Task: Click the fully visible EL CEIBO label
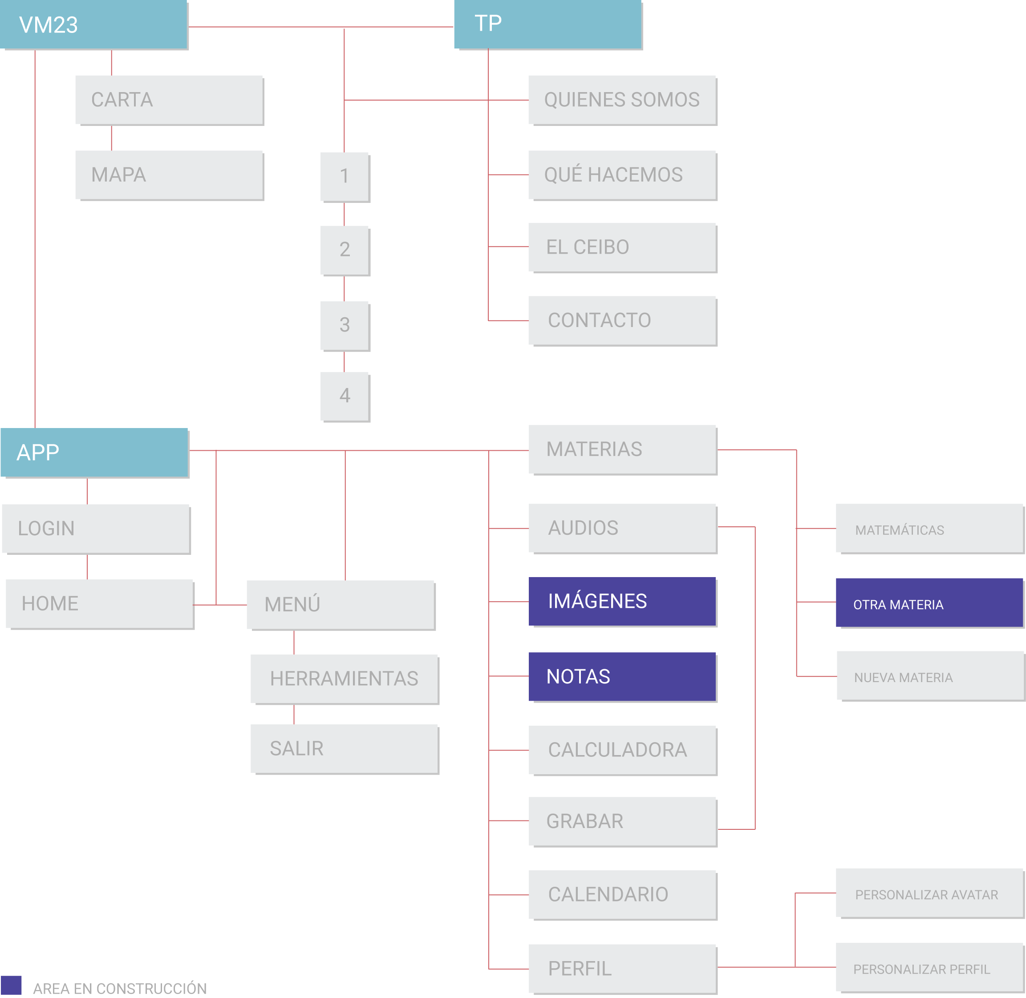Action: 587,247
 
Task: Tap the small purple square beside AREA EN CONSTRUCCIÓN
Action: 12,985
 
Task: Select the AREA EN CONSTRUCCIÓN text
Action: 120,988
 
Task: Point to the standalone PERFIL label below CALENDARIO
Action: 579,969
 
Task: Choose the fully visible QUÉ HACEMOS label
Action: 613,174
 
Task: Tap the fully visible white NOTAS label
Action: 578,677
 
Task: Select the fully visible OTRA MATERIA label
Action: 898,605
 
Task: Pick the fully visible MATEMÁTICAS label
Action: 899,530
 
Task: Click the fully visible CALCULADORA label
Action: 617,750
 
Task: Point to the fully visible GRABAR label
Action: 584,821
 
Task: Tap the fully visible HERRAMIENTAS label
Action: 344,679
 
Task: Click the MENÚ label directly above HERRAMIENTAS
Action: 292,648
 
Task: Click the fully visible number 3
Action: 345,325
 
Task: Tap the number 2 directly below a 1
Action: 345,250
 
